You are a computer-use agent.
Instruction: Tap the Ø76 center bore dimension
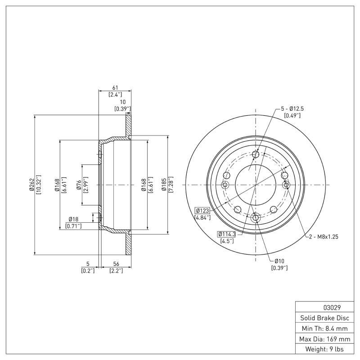(x=79, y=185)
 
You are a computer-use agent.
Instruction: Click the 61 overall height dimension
(x=115, y=87)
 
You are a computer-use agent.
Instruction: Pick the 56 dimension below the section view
(x=115, y=264)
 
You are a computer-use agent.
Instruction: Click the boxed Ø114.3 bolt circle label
(x=229, y=234)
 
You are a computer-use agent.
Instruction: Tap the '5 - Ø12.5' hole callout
(x=292, y=108)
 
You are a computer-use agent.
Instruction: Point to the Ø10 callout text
(x=279, y=261)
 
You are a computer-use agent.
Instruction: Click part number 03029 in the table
(x=332, y=308)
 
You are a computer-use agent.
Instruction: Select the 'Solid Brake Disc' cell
(x=324, y=318)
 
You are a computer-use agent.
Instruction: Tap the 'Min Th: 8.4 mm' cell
(x=324, y=328)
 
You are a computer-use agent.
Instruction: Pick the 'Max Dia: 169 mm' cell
(x=324, y=338)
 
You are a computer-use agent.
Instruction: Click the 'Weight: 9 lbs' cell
(x=324, y=349)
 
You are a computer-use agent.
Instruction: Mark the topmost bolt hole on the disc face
(x=256, y=155)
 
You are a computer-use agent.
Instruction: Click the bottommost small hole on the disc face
(x=256, y=218)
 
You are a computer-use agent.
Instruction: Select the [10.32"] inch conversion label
(x=39, y=185)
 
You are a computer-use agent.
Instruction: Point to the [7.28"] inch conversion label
(x=171, y=185)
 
